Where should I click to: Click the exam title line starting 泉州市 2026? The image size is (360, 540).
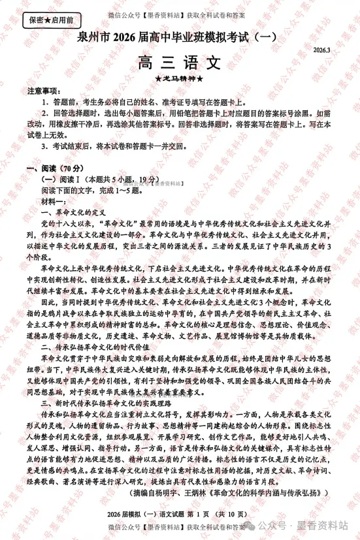[180, 41]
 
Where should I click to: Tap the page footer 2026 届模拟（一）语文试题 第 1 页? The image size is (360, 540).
[179, 517]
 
